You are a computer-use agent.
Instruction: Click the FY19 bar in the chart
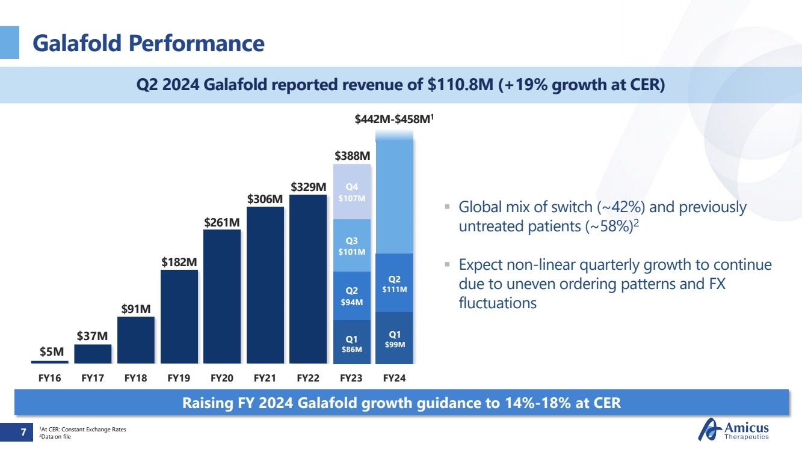click(x=179, y=317)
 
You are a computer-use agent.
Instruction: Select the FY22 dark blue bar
click(x=308, y=279)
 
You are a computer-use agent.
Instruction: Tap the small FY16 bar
click(x=50, y=362)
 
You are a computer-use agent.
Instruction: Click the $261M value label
click(x=222, y=222)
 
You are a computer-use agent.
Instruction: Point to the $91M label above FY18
click(x=136, y=309)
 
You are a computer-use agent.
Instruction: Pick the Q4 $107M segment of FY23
click(x=352, y=192)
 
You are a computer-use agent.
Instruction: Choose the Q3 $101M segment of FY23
click(x=352, y=246)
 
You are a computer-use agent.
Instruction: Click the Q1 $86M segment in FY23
click(x=352, y=342)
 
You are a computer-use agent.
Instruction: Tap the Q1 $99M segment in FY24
click(x=395, y=338)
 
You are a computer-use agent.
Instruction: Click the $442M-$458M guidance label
click(x=394, y=120)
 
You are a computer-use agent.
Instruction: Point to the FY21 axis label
click(x=265, y=379)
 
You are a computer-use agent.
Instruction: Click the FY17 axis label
click(x=93, y=379)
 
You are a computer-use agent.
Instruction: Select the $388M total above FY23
click(x=352, y=156)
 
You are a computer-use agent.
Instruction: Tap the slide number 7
click(x=23, y=431)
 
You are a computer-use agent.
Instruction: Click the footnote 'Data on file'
click(x=55, y=437)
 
